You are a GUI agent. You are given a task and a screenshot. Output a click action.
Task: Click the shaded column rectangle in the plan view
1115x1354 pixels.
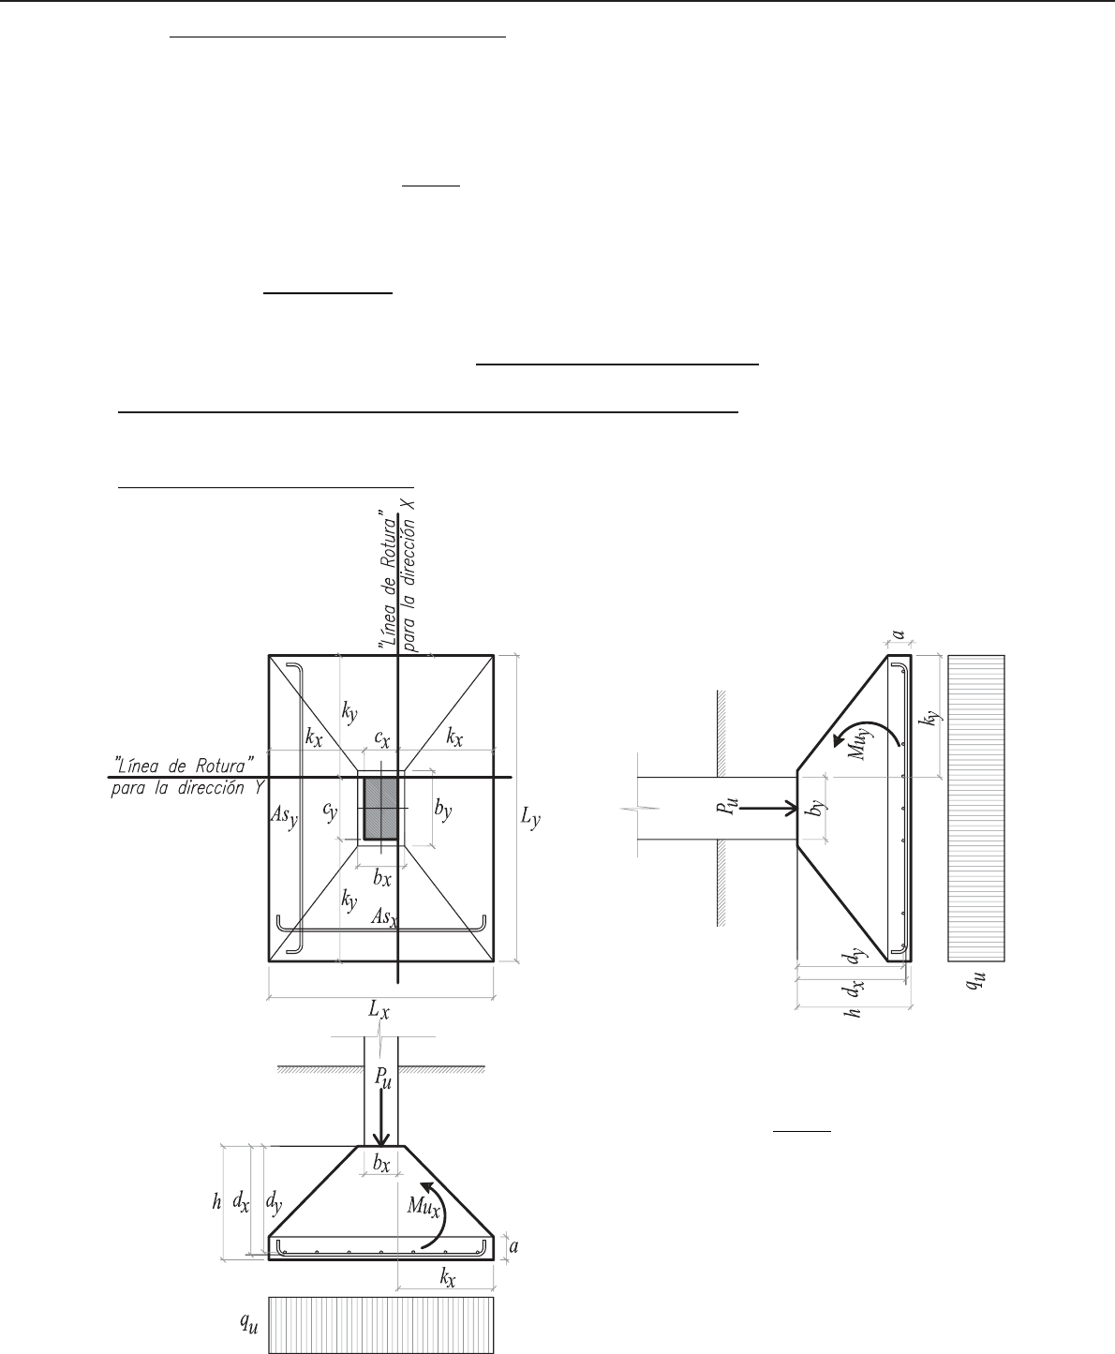coord(380,808)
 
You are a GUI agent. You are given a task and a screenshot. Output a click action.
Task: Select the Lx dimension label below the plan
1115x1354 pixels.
coord(379,1009)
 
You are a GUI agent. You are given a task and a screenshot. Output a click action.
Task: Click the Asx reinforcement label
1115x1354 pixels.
coord(384,917)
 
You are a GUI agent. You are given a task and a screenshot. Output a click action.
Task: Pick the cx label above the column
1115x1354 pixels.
coord(382,738)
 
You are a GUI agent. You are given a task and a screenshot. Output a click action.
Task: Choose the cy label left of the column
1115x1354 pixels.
coord(330,811)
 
